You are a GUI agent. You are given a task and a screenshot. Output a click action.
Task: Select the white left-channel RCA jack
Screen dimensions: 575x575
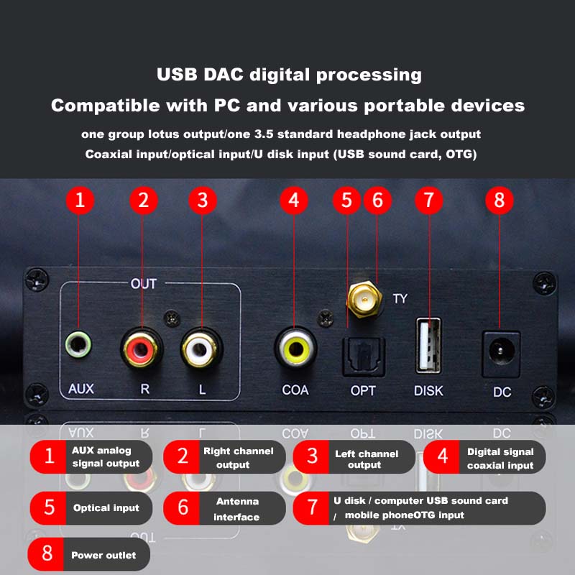pyautogui.click(x=201, y=347)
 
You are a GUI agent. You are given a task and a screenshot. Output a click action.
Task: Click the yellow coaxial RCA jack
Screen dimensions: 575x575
pyautogui.click(x=295, y=347)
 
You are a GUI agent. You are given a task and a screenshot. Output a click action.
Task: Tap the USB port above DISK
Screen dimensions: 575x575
pyautogui.click(x=428, y=346)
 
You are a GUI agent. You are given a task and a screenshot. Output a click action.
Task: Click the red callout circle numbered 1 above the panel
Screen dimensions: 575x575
pyautogui.click(x=80, y=200)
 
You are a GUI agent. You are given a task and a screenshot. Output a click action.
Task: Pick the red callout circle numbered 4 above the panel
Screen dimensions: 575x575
pyautogui.click(x=293, y=200)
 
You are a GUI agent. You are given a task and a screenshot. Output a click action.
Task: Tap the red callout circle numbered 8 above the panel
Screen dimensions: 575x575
pyautogui.click(x=500, y=200)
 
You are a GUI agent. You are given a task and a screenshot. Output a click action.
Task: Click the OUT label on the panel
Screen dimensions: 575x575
pyautogui.click(x=143, y=284)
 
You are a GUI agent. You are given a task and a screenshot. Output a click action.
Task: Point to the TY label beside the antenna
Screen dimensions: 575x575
pyautogui.click(x=400, y=298)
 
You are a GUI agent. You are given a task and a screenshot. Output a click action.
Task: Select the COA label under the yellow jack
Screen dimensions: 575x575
pyautogui.click(x=295, y=390)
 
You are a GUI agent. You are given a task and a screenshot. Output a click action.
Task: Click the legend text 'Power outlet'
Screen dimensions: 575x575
pyautogui.click(x=103, y=556)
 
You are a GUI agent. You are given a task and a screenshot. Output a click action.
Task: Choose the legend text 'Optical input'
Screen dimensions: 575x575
pyautogui.click(x=106, y=508)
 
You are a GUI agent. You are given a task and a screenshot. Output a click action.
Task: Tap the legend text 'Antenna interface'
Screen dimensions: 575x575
pyautogui.click(x=236, y=509)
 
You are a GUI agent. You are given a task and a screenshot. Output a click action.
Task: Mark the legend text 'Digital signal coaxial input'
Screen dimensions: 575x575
pyautogui.click(x=500, y=459)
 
